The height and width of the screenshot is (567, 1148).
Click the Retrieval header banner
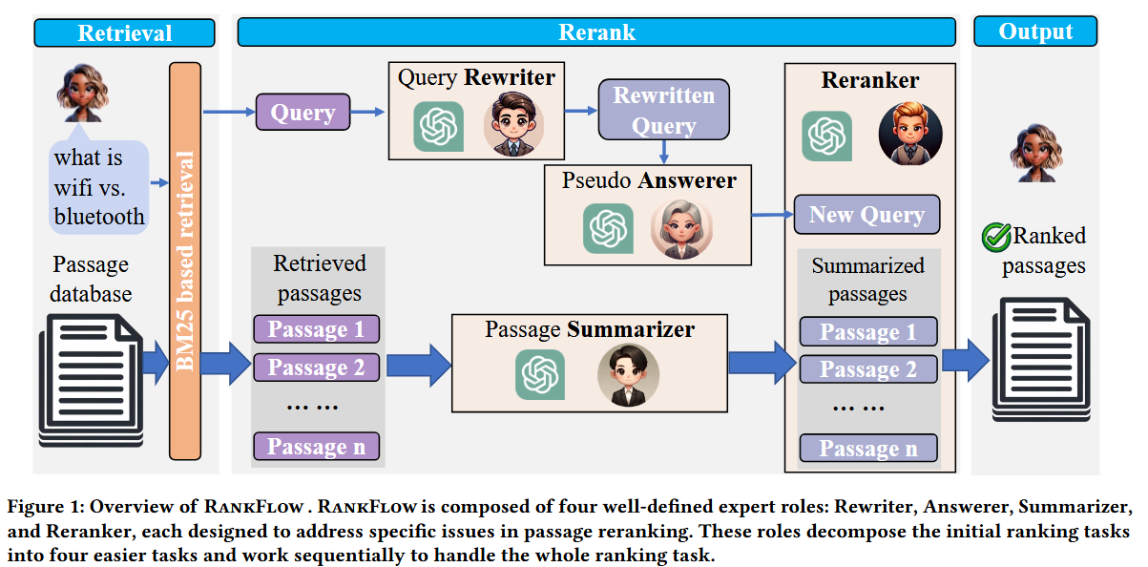[124, 32]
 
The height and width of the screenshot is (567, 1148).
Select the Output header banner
[1035, 31]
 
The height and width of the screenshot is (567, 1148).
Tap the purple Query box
[303, 113]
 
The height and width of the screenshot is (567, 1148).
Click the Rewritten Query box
[663, 110]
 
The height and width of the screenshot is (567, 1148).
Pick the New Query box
[866, 215]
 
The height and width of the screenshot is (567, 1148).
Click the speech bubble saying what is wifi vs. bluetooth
[99, 186]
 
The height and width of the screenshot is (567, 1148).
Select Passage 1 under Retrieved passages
[316, 329]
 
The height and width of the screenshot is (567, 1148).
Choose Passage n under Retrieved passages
[316, 447]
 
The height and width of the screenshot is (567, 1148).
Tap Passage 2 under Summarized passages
[867, 369]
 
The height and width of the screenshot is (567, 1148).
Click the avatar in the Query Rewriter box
[512, 123]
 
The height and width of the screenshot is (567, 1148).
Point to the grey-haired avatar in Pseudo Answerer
[681, 228]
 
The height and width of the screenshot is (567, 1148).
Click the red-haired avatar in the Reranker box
[908, 133]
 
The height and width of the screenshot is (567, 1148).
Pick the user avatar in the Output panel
[1034, 154]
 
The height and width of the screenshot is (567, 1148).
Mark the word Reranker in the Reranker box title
[869, 81]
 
